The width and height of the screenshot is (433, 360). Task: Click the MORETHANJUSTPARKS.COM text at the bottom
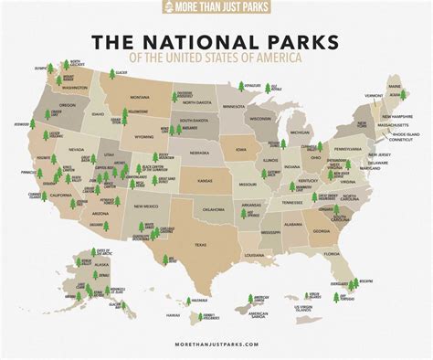click(216, 345)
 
